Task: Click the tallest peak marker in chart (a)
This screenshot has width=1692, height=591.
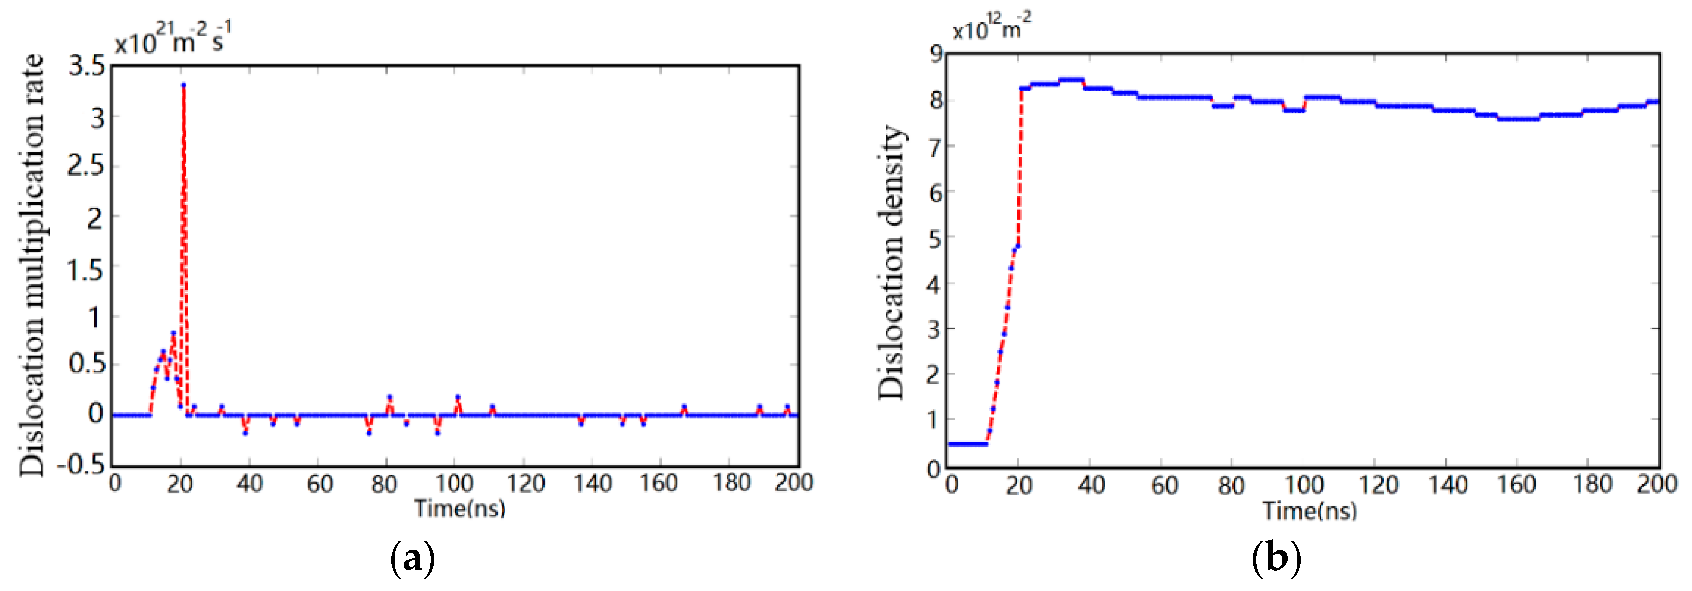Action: [x=184, y=85]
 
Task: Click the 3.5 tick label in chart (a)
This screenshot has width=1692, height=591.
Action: [x=87, y=66]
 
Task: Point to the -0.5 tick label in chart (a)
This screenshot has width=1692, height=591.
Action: [x=81, y=465]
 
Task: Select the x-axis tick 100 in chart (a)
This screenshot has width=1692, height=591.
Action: [x=454, y=484]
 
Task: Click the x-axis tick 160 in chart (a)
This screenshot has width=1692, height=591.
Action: [x=658, y=484]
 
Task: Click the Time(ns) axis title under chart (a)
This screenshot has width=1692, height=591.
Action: [x=460, y=508]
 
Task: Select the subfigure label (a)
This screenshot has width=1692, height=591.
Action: [x=412, y=559]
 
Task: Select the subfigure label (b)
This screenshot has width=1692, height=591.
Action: [x=1276, y=559]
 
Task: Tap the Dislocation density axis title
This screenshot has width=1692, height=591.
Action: [x=891, y=262]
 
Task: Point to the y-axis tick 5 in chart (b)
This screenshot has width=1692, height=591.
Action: [x=935, y=238]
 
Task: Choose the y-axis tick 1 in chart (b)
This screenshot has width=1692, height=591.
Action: [x=935, y=419]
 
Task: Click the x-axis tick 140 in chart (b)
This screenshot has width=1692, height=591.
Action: [x=1448, y=486]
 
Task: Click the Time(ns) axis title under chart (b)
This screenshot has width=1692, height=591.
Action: [x=1310, y=511]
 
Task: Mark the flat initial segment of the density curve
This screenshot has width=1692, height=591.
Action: [x=967, y=444]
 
